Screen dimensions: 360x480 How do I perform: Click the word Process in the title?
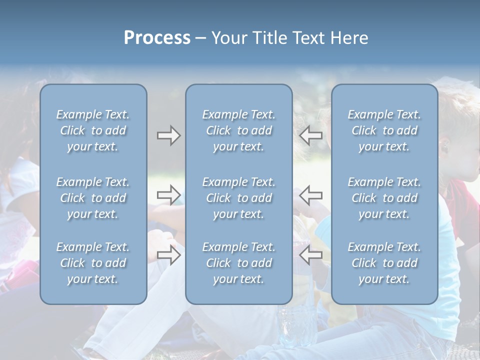click(157, 38)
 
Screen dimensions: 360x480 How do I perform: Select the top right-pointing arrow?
click(168, 135)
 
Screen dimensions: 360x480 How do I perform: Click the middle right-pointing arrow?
click(168, 194)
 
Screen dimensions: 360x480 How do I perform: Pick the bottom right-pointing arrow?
click(168, 255)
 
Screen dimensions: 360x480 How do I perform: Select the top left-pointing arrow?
click(311, 135)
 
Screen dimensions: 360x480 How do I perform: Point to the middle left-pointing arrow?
click(311, 194)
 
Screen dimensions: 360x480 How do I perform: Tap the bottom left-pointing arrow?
click(311, 255)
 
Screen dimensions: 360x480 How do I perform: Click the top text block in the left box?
click(93, 130)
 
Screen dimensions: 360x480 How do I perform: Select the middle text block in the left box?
click(93, 198)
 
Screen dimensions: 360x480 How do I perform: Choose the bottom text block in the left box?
click(93, 263)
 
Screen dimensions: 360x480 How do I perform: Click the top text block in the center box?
click(239, 130)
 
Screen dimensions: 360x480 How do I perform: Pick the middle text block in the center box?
click(239, 198)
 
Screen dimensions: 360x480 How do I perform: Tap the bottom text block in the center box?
click(239, 263)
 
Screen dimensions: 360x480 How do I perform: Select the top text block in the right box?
click(384, 130)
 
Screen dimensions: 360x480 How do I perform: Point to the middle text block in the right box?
click(384, 198)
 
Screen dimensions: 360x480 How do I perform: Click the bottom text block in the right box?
click(384, 263)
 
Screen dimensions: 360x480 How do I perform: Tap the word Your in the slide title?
click(228, 38)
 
